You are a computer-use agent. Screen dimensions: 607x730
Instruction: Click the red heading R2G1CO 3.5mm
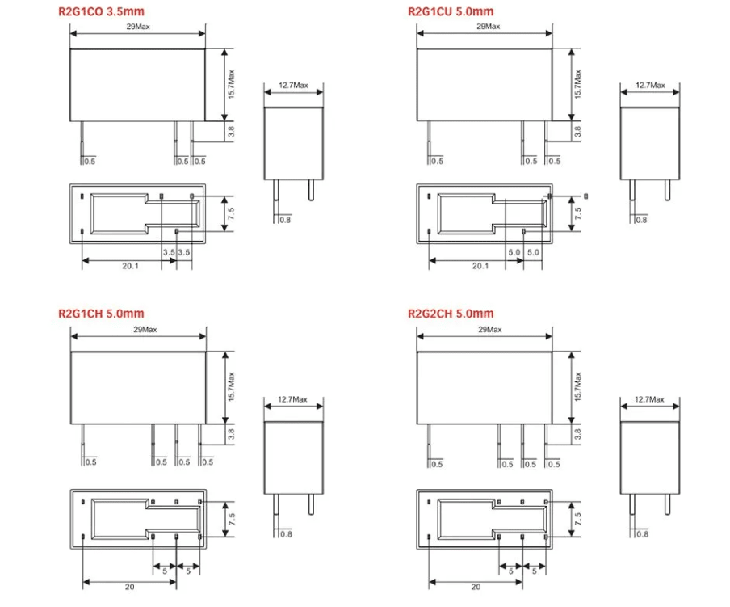click(101, 11)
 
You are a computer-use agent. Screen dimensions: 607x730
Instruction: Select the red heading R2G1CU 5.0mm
click(451, 11)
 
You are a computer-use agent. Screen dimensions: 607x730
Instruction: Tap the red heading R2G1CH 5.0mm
click(101, 314)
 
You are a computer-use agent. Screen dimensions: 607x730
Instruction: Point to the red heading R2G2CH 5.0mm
click(451, 314)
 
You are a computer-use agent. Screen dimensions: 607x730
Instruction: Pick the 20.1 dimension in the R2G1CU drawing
click(480, 266)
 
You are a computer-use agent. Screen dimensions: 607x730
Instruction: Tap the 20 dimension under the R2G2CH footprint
click(476, 588)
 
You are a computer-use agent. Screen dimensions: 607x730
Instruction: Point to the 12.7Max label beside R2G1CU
click(650, 85)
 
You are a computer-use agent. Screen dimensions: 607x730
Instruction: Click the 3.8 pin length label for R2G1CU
click(578, 132)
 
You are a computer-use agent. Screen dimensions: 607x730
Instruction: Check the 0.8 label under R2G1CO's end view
click(285, 220)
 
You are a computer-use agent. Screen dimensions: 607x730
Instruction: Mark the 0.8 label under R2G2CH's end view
click(642, 533)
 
